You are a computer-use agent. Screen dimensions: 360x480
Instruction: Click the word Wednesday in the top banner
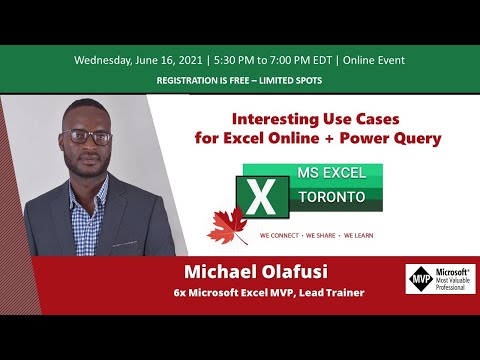(x=103, y=59)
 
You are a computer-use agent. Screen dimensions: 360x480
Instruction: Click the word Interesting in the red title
(x=270, y=117)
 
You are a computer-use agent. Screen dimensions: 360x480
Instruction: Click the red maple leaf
(x=227, y=227)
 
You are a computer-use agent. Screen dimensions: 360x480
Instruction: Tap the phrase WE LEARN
(x=363, y=237)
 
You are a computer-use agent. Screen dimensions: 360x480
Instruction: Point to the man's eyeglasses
(x=86, y=137)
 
